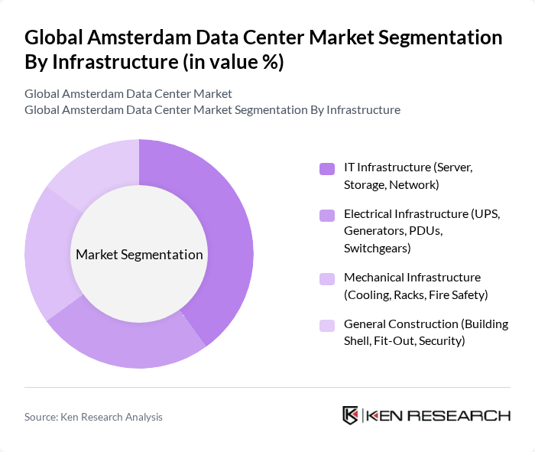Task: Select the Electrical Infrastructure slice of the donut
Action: pos(130,344)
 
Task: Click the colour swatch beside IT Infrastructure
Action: pos(327,168)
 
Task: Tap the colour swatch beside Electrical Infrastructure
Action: pos(327,215)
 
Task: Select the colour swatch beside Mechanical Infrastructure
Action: pos(327,278)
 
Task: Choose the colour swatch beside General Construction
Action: pos(327,325)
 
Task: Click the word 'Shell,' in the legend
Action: pos(362,340)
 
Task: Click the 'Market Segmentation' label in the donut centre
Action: pos(139,255)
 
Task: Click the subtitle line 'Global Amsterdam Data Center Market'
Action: pos(128,94)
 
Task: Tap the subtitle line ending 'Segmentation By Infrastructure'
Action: pos(212,109)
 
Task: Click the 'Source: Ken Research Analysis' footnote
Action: pos(93,417)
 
